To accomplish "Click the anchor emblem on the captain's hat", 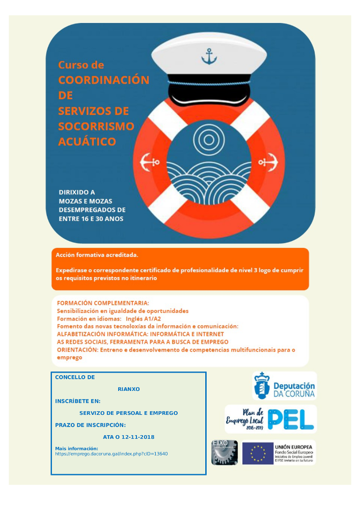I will [x=209, y=56].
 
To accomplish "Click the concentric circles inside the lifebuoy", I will [x=209, y=138].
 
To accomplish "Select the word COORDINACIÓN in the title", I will [x=103, y=80].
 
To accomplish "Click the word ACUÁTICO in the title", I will [x=87, y=142].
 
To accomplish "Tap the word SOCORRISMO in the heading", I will [x=96, y=126].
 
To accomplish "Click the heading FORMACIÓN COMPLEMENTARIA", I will [x=103, y=303].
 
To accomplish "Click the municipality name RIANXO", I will [x=128, y=389].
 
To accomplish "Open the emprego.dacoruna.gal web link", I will [x=112, y=454].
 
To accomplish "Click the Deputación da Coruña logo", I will [x=284, y=386].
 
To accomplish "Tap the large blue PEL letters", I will [x=291, y=418].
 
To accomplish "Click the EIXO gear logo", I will [x=224, y=453].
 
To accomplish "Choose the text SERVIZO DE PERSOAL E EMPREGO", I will [x=128, y=413].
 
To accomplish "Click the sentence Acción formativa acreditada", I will [x=97, y=254].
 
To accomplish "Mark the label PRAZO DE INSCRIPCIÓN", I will [x=90, y=425].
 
